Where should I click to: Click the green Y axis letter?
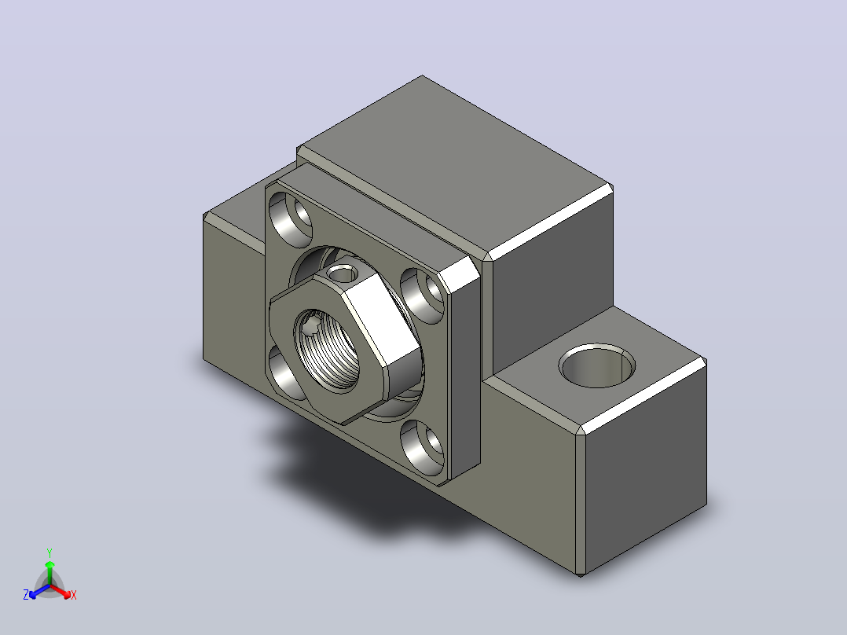click(49, 552)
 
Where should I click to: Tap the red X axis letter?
click(74, 595)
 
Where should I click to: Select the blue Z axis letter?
click(26, 594)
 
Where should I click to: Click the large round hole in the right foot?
click(597, 365)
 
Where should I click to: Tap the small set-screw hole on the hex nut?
click(343, 274)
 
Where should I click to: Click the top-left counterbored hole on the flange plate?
click(291, 217)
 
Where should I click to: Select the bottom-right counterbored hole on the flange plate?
click(423, 447)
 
